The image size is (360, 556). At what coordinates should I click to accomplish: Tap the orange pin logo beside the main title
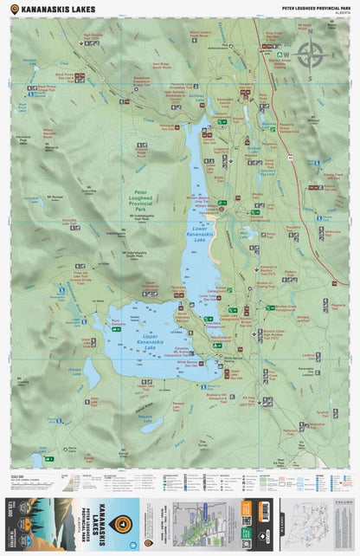[13, 9]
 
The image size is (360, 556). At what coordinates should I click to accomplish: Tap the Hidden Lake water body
[91, 373]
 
